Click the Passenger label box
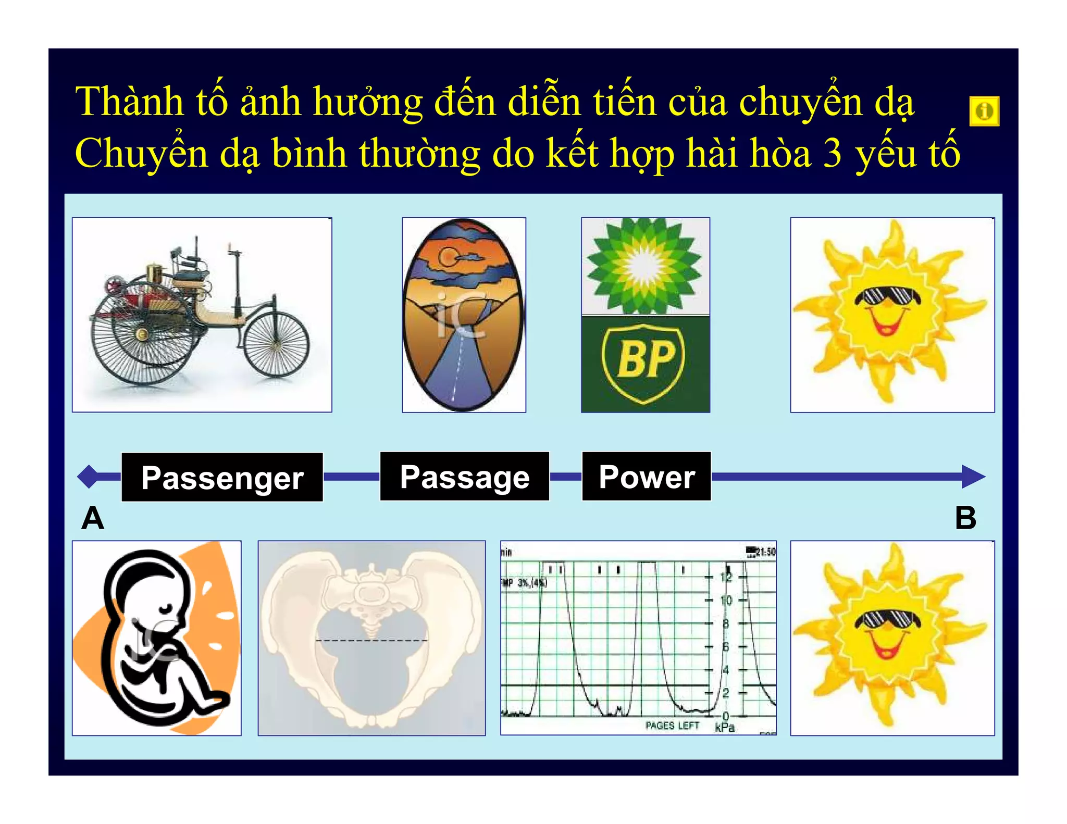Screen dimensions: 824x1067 pyautogui.click(x=222, y=477)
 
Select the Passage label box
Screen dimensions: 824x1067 pyautogui.click(x=464, y=477)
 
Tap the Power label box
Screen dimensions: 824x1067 pyautogui.click(x=646, y=477)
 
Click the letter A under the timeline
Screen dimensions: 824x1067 pyautogui.click(x=93, y=518)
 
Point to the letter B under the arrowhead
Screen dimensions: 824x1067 pyautogui.click(x=965, y=518)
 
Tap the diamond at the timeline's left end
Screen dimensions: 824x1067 pyautogui.click(x=89, y=477)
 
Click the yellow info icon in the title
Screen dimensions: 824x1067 pyautogui.click(x=984, y=111)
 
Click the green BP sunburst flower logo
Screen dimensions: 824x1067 pyautogui.click(x=645, y=266)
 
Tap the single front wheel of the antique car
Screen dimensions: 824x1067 pyautogui.click(x=276, y=344)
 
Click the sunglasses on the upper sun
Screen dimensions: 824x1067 pyautogui.click(x=887, y=297)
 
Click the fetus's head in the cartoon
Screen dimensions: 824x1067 pyautogui.click(x=151, y=586)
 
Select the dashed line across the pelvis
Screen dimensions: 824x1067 pyautogui.click(x=371, y=640)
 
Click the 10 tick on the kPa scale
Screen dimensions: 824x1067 pyautogui.click(x=726, y=601)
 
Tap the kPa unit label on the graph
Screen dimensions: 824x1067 pyautogui.click(x=725, y=727)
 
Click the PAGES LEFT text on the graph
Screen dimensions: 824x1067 pyautogui.click(x=672, y=726)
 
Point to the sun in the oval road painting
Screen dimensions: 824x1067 pyautogui.click(x=449, y=256)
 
